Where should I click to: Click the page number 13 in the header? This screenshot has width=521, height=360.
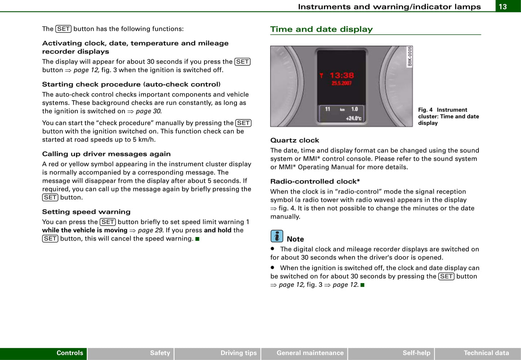coord(503,6)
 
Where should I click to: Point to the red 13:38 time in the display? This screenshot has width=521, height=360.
coord(342,75)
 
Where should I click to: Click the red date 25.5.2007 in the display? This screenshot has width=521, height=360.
coord(341,83)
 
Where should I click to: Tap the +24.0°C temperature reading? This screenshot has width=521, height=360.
coord(354,118)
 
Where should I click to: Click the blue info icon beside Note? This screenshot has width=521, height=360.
coord(277,236)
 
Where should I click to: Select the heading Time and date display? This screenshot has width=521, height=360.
coord(321,29)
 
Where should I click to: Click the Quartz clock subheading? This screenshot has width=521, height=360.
coord(295,140)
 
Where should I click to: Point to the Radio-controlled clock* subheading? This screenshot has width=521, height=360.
coord(315,181)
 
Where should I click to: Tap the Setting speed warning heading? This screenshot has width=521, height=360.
coord(86,212)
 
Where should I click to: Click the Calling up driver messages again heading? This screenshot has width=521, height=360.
coord(106,154)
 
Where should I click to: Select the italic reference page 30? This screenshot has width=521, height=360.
coord(149,111)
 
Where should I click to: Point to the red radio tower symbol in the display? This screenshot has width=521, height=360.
coord(321,75)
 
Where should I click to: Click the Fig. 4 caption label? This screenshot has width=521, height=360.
coord(425,110)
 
